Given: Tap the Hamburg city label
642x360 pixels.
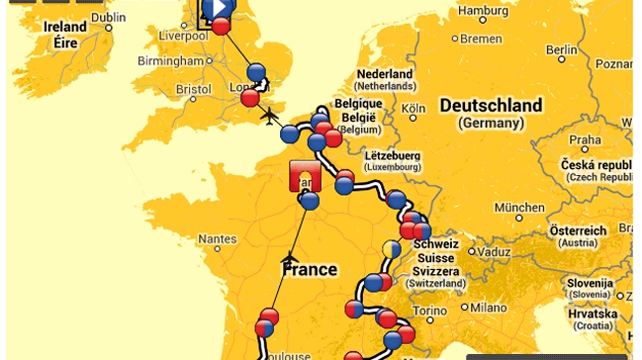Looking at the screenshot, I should [x=484, y=11].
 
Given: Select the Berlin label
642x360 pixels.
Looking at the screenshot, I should [x=561, y=49].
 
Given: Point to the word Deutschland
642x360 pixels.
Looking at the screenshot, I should [x=491, y=106].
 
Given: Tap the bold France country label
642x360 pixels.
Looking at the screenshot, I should [x=310, y=269].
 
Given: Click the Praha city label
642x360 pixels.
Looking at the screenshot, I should [x=585, y=139].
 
